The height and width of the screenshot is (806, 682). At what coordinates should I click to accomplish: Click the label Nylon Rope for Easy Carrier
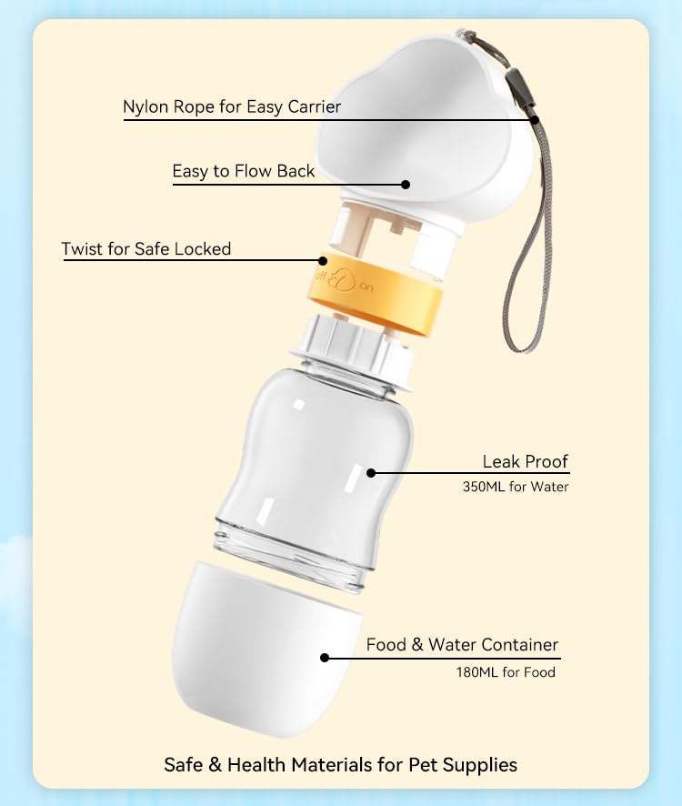tap(232, 107)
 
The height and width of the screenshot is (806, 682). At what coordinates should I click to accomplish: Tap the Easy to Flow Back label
tap(244, 171)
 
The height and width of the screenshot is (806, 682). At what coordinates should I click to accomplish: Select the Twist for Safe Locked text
tap(145, 248)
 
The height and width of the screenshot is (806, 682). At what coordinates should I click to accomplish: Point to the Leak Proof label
tap(525, 461)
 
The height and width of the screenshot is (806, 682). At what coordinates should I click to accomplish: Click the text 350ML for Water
tap(515, 487)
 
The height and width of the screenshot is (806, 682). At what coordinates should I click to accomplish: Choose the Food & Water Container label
tap(462, 645)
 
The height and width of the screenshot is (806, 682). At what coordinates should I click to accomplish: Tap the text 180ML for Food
tap(505, 672)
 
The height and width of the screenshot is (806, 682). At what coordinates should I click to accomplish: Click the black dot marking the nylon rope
tap(535, 119)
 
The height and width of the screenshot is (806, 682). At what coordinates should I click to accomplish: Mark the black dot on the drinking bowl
tap(406, 184)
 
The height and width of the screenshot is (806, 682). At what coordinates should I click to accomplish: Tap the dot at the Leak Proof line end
tap(370, 472)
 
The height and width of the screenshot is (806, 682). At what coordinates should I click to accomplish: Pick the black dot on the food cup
tap(324, 657)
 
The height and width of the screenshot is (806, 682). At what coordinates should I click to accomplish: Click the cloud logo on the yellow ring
tap(343, 279)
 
